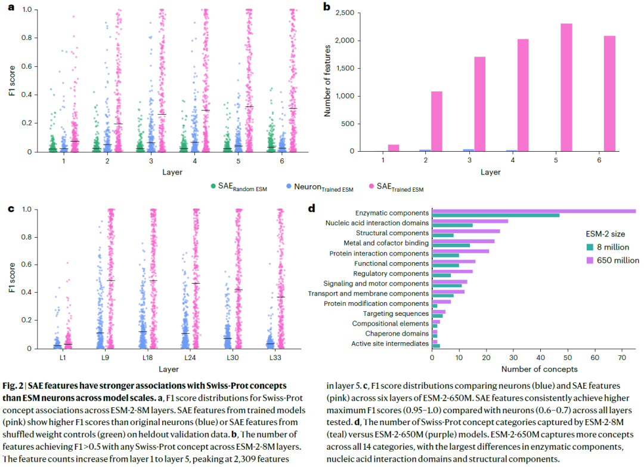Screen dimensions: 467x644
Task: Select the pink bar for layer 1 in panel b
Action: pyautogui.click(x=394, y=148)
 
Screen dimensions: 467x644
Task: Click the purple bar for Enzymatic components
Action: pyautogui.click(x=534, y=211)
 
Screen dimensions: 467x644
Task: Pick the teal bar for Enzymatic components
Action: pyautogui.click(x=496, y=215)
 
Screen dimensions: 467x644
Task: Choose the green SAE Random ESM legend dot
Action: pyautogui.click(x=213, y=188)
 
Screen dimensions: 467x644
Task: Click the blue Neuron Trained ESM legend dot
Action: pyautogui.click(x=287, y=188)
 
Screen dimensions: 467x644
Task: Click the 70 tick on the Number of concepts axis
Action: pyautogui.click(x=621, y=358)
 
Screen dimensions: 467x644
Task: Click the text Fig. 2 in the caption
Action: pyautogui.click(x=13, y=386)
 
